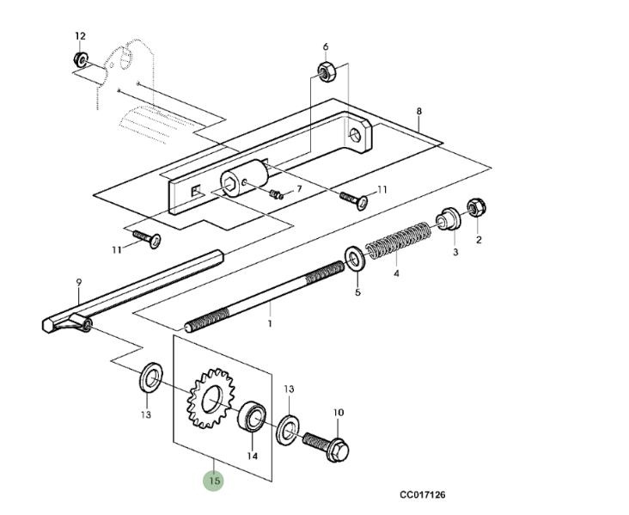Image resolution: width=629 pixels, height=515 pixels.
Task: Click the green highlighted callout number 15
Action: pyautogui.click(x=214, y=481)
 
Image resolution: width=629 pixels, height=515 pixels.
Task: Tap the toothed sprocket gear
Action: pyautogui.click(x=207, y=398)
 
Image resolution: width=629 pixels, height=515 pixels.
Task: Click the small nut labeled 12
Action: pyautogui.click(x=79, y=60)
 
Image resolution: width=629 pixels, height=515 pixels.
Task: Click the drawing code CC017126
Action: pyautogui.click(x=422, y=495)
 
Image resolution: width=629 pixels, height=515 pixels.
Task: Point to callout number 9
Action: pyautogui.click(x=78, y=281)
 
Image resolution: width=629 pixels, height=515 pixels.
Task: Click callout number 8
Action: pyautogui.click(x=418, y=112)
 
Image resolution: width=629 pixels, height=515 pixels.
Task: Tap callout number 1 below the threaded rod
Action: pyautogui.click(x=269, y=324)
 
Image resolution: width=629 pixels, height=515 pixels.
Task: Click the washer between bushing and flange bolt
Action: pyautogui.click(x=287, y=429)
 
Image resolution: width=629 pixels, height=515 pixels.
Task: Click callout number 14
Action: pyautogui.click(x=253, y=456)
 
